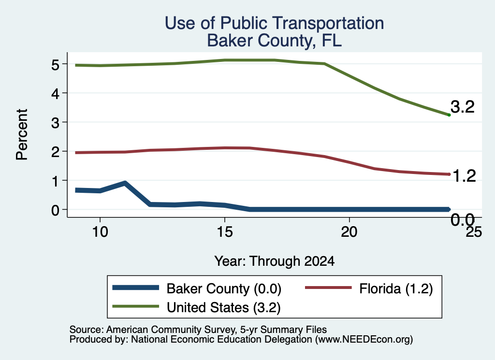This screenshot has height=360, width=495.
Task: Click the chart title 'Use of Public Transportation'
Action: click(x=275, y=23)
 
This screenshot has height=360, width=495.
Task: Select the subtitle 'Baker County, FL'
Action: click(x=275, y=41)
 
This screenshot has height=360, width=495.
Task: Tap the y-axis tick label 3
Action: click(x=55, y=123)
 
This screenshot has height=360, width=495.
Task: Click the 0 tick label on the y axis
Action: click(x=55, y=210)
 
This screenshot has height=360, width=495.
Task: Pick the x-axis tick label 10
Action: click(x=100, y=232)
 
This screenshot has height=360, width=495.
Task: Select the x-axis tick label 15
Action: click(x=225, y=232)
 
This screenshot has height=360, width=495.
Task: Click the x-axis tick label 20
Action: click(x=349, y=232)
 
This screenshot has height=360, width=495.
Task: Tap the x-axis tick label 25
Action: click(x=474, y=232)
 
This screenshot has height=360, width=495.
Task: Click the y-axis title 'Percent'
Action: click(x=22, y=134)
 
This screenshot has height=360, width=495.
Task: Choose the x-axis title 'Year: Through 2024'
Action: click(x=275, y=261)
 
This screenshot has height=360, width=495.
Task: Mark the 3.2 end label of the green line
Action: click(x=463, y=107)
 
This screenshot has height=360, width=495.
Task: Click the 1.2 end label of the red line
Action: click(x=464, y=175)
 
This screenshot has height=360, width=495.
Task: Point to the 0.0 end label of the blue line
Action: click(x=463, y=219)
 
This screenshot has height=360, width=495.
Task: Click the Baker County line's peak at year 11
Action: click(x=125, y=183)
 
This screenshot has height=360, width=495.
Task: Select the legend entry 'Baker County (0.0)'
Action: click(x=197, y=288)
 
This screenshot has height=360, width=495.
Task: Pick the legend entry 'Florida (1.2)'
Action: click(x=369, y=288)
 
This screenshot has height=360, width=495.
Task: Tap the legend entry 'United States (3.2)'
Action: click(x=196, y=307)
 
